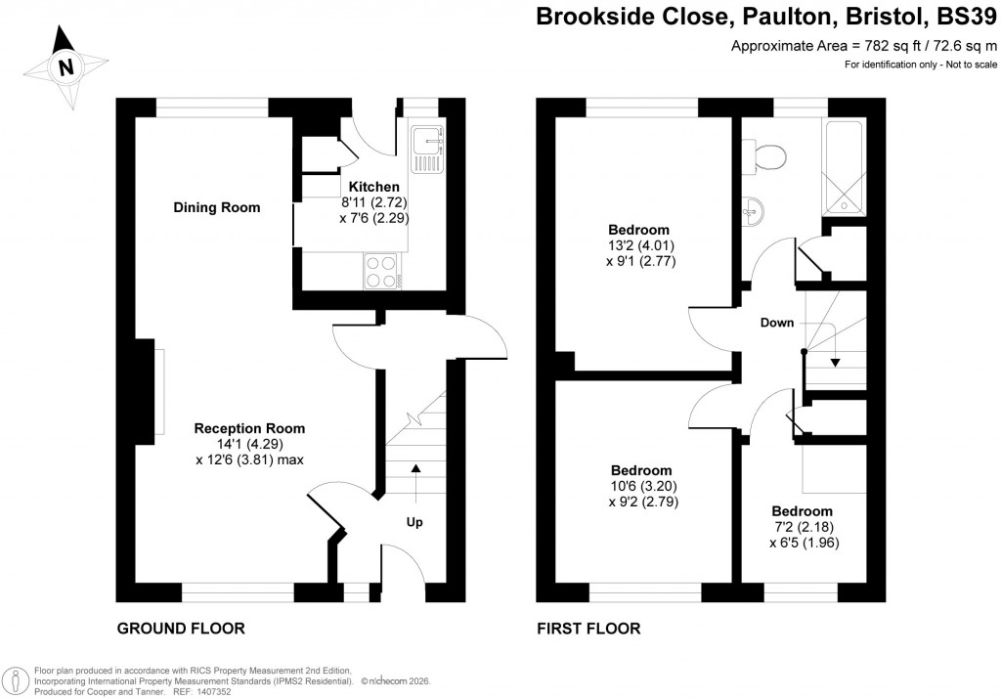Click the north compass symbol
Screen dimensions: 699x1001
65,66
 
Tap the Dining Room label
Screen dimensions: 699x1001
217,207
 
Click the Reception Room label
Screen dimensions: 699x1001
249,428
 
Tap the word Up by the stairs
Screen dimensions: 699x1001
414,523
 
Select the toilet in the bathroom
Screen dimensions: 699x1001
768,154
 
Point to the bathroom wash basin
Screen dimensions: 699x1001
752,209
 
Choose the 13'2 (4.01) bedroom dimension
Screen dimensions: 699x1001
640,245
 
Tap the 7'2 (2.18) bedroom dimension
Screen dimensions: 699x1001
803,527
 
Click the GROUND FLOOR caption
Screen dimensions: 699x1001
181,628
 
